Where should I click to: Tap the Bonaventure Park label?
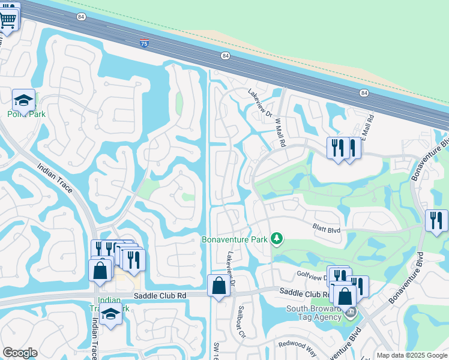pyautogui.click(x=234, y=239)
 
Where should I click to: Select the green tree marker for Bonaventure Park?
pyautogui.click(x=276, y=239)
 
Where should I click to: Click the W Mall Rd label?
pyautogui.click(x=280, y=132)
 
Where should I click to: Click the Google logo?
pyautogui.click(x=20, y=353)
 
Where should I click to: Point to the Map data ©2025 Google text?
pyautogui.click(x=412, y=355)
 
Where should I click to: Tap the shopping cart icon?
pyautogui.click(x=8, y=19)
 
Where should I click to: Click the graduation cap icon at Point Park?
pyautogui.click(x=23, y=100)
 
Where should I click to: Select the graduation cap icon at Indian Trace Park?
pyautogui.click(x=110, y=314)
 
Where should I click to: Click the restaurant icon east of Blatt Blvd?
pyautogui.click(x=436, y=220)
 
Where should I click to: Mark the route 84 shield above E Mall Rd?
pyautogui.click(x=364, y=93)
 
